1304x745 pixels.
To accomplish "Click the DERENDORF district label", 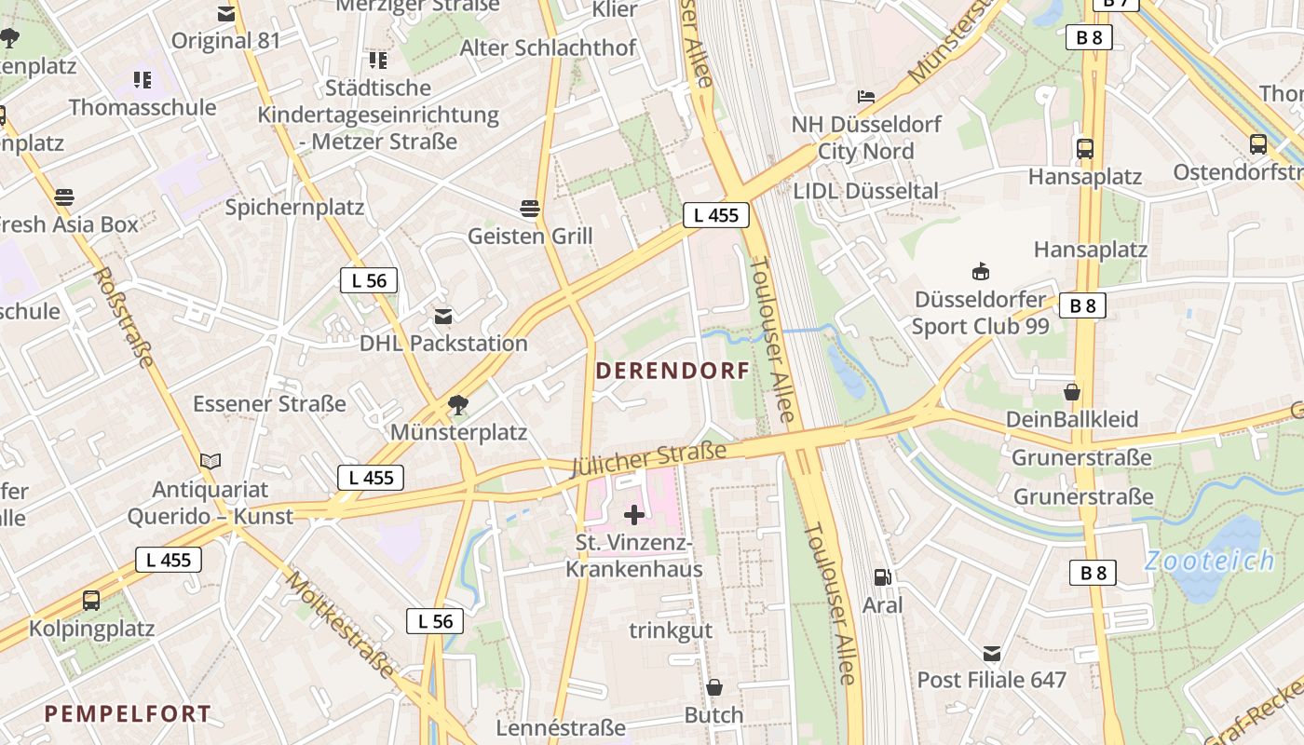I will coord(672,371).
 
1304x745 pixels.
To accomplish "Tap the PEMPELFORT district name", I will coord(128,714).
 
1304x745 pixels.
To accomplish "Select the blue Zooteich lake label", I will coord(1209,561).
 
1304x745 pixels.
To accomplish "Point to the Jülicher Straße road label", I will coord(648,459).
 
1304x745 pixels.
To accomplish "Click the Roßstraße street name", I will coord(124,317).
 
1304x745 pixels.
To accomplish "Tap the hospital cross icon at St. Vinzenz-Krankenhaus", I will coord(634,514).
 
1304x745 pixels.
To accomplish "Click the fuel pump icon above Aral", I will coord(882,577).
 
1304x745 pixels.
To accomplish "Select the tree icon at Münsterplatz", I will coord(457,404).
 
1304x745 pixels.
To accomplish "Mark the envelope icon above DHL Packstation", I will coord(443,317).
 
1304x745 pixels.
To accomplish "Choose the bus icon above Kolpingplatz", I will coord(90,601).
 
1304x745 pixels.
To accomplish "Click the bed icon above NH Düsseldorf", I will coord(866,97).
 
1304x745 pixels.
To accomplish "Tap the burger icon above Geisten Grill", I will coord(530,208).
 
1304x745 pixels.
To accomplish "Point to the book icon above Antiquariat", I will coord(211,461).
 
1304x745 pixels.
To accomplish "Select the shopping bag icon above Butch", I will coord(713,687).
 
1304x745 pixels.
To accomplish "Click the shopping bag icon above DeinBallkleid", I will coord(1072,391).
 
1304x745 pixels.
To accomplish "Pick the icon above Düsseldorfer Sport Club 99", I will coord(980,272).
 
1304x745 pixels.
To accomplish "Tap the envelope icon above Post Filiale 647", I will coord(991,653).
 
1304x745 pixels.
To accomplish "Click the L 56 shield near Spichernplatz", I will coord(369,280).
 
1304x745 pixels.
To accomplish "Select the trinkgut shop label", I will coord(671,630).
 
